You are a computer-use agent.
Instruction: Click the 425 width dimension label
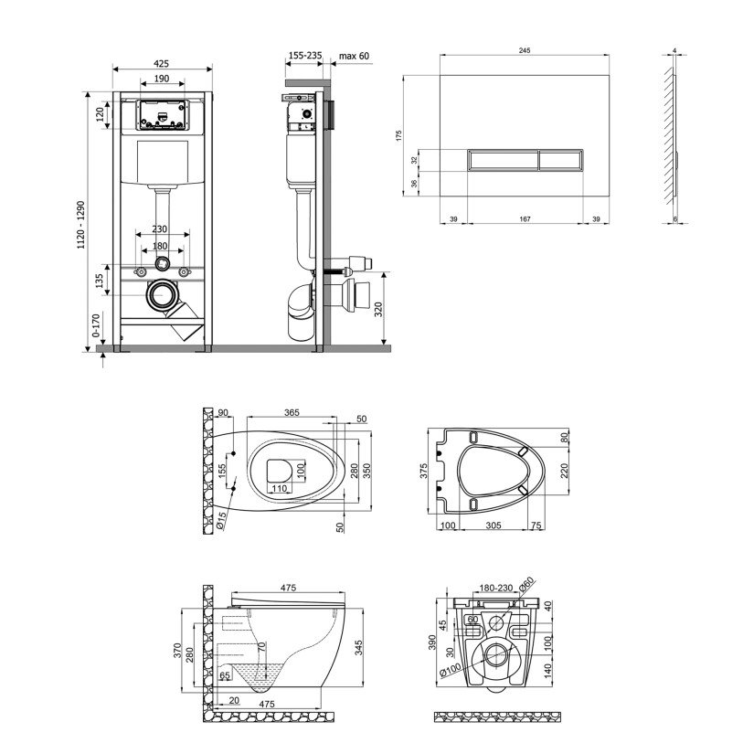(161, 63)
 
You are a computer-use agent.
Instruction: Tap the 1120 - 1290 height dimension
(81, 225)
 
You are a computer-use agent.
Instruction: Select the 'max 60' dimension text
(354, 56)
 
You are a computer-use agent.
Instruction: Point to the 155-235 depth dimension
(305, 56)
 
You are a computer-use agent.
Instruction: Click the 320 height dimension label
(378, 310)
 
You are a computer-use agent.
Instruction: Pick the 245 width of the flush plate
(525, 50)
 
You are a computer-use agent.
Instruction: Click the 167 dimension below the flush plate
(525, 219)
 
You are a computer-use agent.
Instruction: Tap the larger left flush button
(503, 160)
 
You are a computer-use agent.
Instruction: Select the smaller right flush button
(560, 160)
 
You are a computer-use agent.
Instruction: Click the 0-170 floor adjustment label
(96, 325)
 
